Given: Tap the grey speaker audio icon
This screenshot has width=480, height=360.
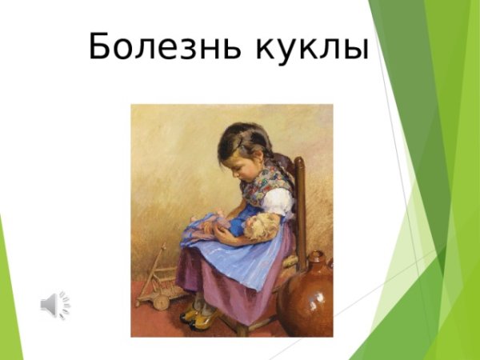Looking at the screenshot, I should (x=54, y=304).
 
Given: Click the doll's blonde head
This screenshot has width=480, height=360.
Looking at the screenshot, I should (x=262, y=226).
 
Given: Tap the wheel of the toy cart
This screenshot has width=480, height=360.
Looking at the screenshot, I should (x=160, y=302).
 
